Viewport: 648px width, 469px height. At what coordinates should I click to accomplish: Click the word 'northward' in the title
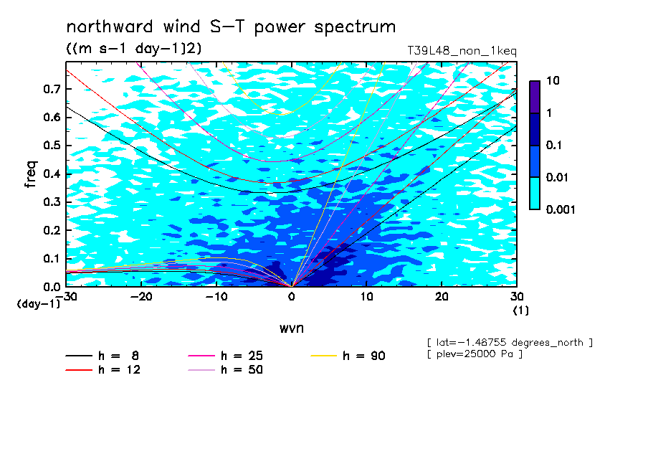110,27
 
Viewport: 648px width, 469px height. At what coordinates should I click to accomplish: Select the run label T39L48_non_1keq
462,51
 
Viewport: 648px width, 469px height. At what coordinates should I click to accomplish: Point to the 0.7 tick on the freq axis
52,89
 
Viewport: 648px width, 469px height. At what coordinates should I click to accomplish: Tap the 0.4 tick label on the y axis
52,174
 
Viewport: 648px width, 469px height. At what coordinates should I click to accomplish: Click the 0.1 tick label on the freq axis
52,258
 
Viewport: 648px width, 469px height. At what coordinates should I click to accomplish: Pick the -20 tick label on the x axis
141,297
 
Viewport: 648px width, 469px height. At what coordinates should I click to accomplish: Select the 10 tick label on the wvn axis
366,297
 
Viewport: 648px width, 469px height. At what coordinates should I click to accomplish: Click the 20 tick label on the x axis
442,297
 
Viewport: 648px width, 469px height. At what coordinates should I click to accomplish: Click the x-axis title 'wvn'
291,328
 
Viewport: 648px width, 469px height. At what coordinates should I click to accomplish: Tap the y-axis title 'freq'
31,174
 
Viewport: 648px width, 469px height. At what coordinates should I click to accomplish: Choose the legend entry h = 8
102,356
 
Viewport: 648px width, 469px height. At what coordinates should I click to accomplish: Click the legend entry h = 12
103,370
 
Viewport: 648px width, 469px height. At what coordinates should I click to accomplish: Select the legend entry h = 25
225,356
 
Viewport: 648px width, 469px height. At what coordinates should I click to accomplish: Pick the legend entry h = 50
225,370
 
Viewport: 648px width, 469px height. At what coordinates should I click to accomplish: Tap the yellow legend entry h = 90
348,356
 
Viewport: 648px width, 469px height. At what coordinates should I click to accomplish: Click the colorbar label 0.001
561,209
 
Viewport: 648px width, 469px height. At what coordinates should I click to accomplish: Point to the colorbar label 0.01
558,177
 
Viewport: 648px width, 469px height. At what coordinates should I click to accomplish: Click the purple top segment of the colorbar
535,98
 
